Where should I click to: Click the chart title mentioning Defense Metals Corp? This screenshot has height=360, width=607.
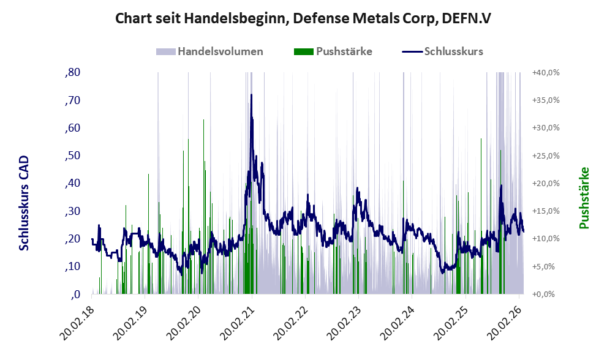303,18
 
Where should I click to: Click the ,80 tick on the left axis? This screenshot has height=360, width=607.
72,73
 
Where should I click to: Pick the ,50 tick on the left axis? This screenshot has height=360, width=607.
72,156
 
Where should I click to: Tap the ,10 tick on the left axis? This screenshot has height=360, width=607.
72,266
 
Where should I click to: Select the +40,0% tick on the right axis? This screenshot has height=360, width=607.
545,73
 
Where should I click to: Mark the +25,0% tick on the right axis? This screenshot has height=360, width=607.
545,156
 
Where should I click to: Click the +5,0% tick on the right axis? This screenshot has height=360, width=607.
545,266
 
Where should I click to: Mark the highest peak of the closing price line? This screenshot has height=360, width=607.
251,95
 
